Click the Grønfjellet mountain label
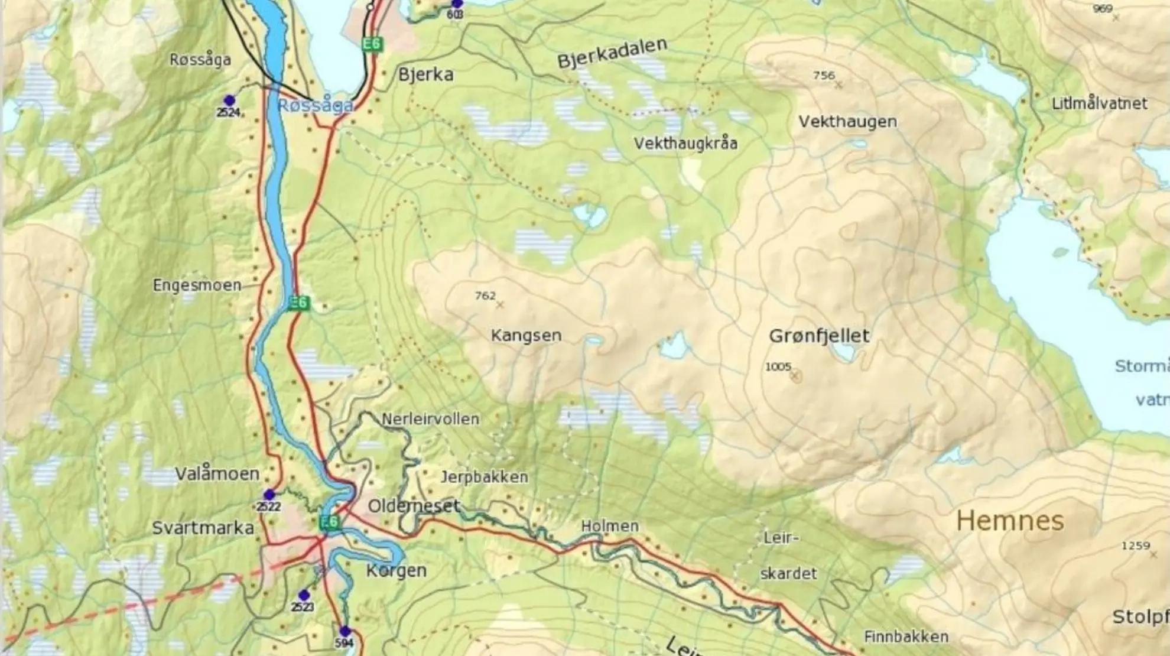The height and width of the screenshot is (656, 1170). pos(818,336)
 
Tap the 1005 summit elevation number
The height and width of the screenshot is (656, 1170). pos(778,367)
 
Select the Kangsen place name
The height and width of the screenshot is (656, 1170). pos(526,336)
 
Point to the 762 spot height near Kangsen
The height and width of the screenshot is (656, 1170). pos(485,295)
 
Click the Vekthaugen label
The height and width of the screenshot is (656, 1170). pos(847,122)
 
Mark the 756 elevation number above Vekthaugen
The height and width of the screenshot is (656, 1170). pos(824,76)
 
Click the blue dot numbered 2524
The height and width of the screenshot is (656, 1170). pos(229,100)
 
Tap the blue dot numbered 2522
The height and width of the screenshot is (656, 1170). pos(269,494)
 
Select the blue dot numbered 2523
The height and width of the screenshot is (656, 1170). pos(304,595)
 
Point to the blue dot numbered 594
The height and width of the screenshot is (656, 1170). pos(345,631)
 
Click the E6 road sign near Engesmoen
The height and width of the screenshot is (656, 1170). pos(299,303)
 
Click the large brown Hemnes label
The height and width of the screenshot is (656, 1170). pos(1010,521)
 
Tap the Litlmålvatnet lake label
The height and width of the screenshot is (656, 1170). pos(1099,104)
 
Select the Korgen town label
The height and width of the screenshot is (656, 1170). pos(396,571)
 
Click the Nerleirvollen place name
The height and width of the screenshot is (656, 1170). pos(430,420)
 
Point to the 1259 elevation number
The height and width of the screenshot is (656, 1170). pos(1135,545)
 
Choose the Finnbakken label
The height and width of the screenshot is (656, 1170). pos(906,637)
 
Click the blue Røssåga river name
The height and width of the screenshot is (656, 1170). pos(316,106)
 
